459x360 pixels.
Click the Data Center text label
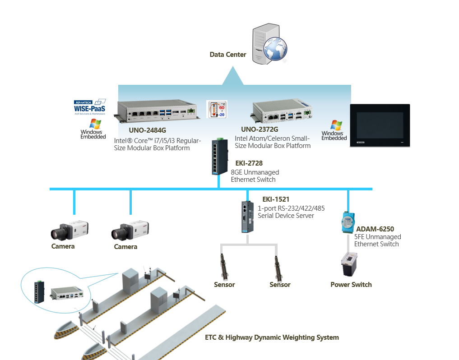[x=228, y=55]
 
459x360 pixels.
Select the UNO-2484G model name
[x=147, y=130]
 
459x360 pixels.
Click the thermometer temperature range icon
[x=217, y=109]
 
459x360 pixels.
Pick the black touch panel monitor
[x=380, y=125]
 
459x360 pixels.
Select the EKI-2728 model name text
[x=246, y=163]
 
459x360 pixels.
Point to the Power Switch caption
[x=351, y=285]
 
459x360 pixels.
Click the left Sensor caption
[x=224, y=285]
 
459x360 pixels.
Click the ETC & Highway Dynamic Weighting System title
[x=272, y=337]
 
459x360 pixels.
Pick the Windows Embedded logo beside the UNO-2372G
[x=334, y=130]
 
